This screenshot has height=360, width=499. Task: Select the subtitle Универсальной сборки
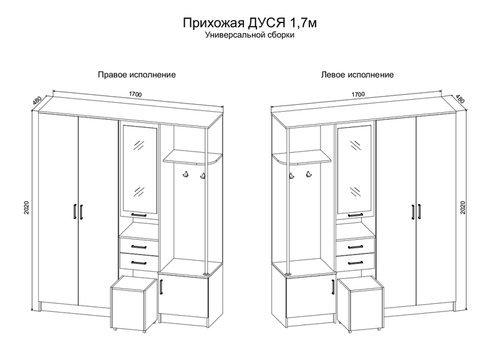click(249, 36)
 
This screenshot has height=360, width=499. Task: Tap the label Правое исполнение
click(136, 74)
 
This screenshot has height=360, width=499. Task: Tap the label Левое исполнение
click(357, 74)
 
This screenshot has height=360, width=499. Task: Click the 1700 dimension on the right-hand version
click(136, 95)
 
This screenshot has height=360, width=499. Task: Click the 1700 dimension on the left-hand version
click(358, 95)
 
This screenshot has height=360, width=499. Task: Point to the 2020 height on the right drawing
click(462, 207)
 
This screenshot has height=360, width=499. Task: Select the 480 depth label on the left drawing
click(37, 100)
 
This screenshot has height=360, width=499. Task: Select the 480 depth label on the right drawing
click(460, 100)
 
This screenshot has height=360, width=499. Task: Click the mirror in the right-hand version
click(139, 168)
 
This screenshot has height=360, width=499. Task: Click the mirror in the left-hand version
click(354, 168)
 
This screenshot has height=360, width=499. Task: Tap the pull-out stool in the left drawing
click(133, 304)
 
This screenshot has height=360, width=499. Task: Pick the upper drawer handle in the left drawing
click(138, 246)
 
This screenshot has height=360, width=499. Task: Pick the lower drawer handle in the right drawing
click(356, 262)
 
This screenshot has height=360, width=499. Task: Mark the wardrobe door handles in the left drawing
click(77, 212)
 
